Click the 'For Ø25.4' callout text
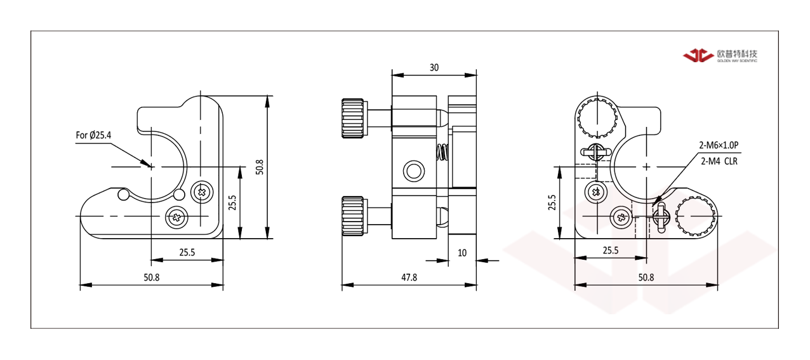pos(93,135)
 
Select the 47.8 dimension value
pos(409,277)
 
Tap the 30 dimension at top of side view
pos(434,68)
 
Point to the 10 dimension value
pos(462,253)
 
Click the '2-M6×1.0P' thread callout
pos(719,145)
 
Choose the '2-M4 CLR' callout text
pos(719,161)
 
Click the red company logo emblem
pos(698,55)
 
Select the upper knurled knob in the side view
pos(354,118)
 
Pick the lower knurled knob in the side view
pos(354,216)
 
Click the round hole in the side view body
pos(414,171)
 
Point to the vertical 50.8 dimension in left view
pos(260,167)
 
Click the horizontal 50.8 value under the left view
pos(152,277)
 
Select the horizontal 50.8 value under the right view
pos(646,277)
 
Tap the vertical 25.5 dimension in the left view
pos(232,203)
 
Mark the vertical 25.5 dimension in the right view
pos(552,203)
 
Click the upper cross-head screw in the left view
pos(202,192)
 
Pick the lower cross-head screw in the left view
pos(176,217)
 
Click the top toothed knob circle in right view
pos(597,117)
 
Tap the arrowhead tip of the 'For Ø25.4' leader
pos(150,166)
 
